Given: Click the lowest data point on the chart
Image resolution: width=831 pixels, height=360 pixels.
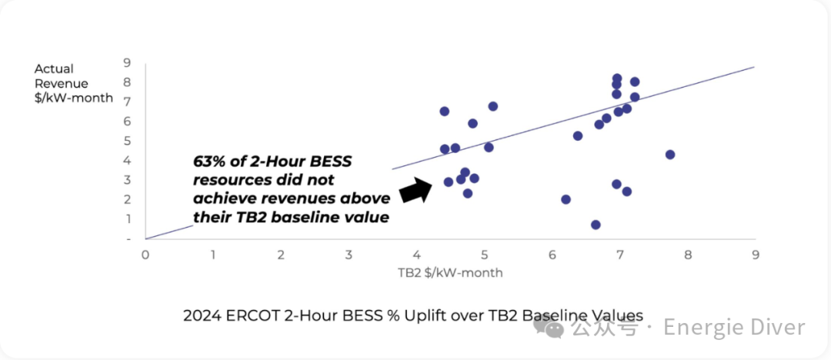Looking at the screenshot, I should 596,225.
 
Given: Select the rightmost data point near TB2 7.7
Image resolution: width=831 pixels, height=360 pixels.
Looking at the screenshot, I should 670,155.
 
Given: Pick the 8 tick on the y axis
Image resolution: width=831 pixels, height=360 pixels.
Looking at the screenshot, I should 127,82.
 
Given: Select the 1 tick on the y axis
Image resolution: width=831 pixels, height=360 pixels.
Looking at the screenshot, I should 127,219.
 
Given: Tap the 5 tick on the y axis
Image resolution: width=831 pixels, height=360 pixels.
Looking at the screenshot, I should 127,141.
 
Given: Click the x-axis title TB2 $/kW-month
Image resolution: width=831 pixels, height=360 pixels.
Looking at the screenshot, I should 450,272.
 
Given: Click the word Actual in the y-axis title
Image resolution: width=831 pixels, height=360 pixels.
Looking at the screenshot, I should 54,69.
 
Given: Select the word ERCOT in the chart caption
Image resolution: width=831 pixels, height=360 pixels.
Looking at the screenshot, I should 241,315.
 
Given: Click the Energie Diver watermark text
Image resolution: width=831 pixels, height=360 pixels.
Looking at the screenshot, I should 734,328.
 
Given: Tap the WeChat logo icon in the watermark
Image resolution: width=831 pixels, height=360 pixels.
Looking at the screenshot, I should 553,328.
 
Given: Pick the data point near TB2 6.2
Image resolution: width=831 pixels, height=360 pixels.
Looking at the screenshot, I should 566,199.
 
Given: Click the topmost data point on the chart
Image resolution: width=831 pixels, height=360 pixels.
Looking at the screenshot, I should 617,78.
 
